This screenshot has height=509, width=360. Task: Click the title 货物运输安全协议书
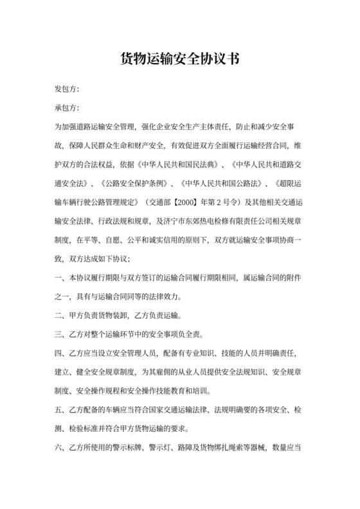[x=180, y=59]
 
